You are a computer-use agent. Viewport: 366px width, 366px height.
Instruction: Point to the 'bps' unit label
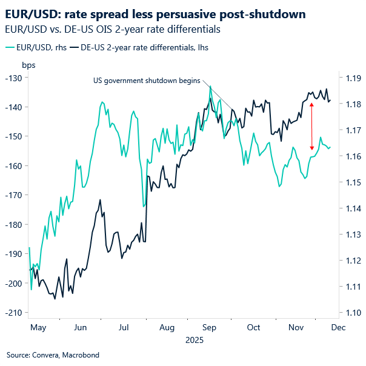click(28, 65)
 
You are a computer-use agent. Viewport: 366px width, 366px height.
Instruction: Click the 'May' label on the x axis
click(38, 327)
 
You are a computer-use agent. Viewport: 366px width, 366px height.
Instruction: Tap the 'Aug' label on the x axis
click(167, 327)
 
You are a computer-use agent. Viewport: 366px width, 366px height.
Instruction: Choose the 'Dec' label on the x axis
click(338, 327)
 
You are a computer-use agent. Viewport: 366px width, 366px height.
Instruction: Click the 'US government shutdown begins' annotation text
click(147, 80)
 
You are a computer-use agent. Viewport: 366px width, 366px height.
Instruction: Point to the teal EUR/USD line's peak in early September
click(210, 87)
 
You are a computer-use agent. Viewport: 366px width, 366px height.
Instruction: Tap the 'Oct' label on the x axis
click(253, 327)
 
